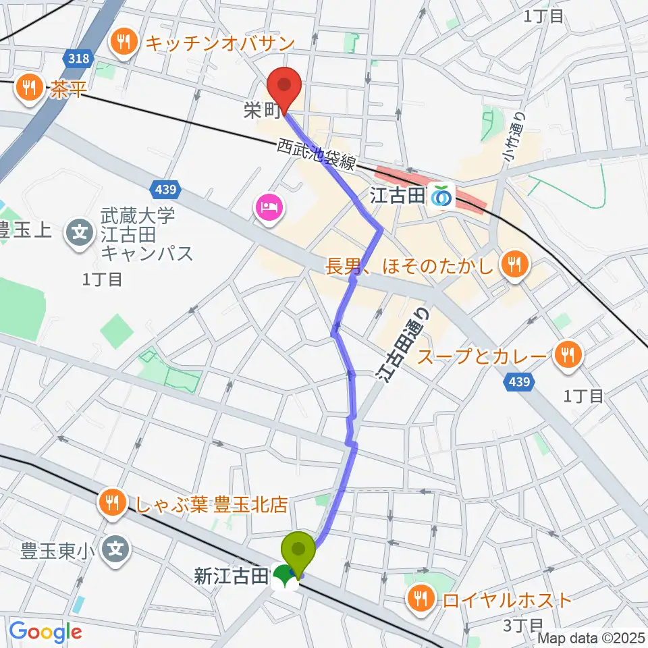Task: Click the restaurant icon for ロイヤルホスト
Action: point(422,598)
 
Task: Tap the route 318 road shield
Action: point(79,59)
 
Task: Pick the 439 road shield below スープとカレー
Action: point(519,383)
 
